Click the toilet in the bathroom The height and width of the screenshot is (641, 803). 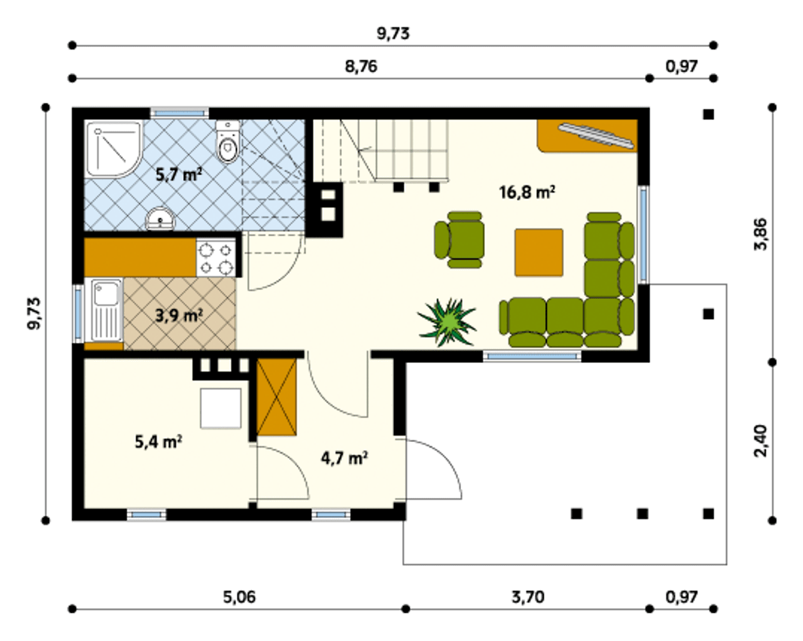227,142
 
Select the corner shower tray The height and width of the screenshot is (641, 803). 114,149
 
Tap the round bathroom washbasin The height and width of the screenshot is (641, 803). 160,218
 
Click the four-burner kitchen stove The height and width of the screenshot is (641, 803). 216,258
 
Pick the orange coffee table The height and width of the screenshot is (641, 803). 539,252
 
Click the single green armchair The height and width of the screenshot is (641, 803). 460,240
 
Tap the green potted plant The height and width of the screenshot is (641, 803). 447,322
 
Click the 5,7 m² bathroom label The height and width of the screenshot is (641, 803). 179,175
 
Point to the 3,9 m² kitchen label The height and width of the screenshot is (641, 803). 179,316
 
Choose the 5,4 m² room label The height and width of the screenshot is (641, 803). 158,442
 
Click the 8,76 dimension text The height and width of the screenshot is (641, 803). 361,67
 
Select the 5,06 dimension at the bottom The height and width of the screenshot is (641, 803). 240,597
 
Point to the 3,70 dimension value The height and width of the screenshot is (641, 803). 528,597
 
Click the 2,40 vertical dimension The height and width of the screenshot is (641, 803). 760,441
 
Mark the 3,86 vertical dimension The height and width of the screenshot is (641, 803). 760,234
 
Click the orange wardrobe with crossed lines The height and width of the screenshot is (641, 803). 277,397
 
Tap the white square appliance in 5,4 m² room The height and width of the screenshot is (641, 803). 221,408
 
